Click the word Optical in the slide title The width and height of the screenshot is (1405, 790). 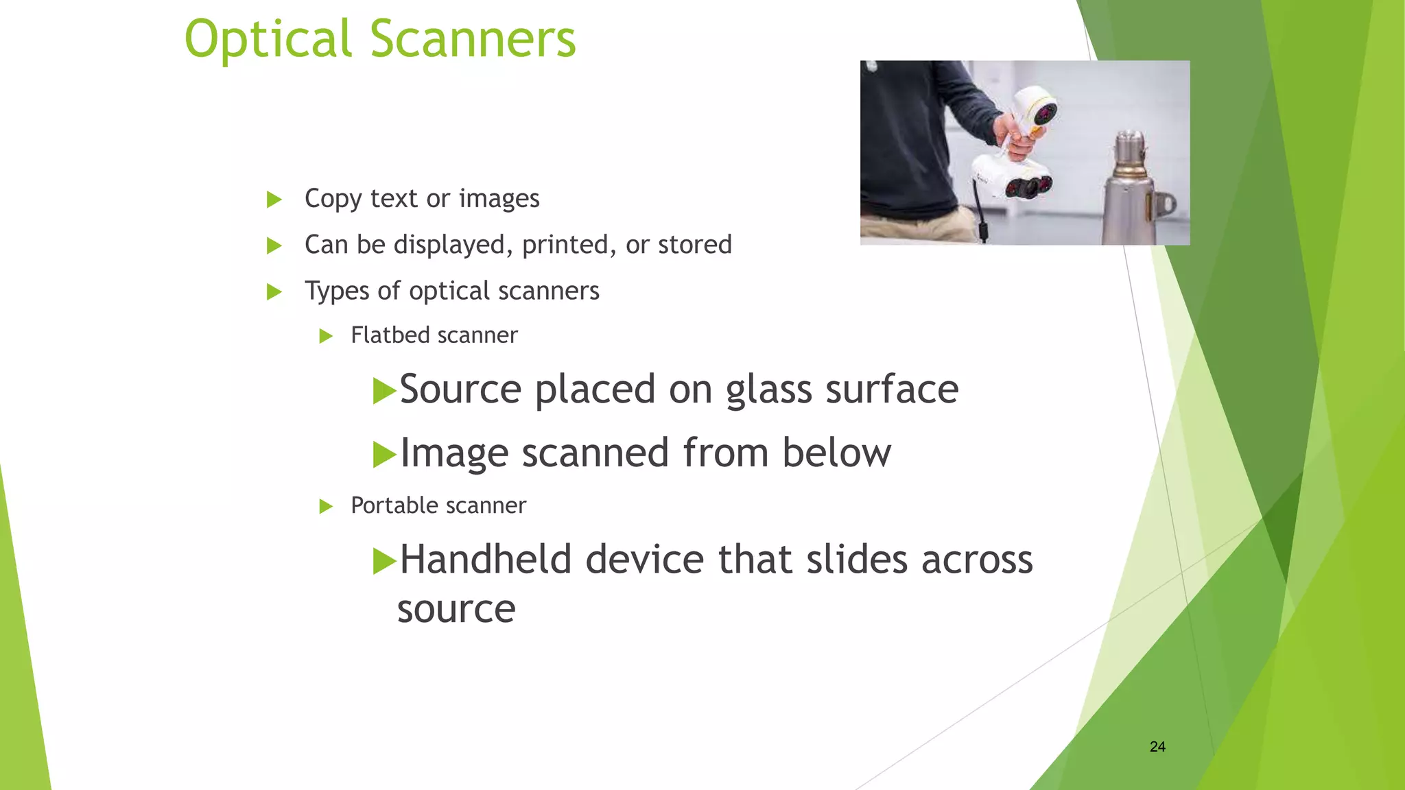click(268, 40)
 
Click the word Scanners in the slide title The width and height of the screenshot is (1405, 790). click(473, 40)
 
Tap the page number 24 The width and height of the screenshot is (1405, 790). click(1157, 747)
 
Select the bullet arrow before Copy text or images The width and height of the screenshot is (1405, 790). click(274, 200)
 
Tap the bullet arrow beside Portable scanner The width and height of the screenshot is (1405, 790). click(326, 507)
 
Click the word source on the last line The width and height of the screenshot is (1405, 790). click(456, 609)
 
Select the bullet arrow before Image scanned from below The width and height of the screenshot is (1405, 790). click(384, 455)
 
